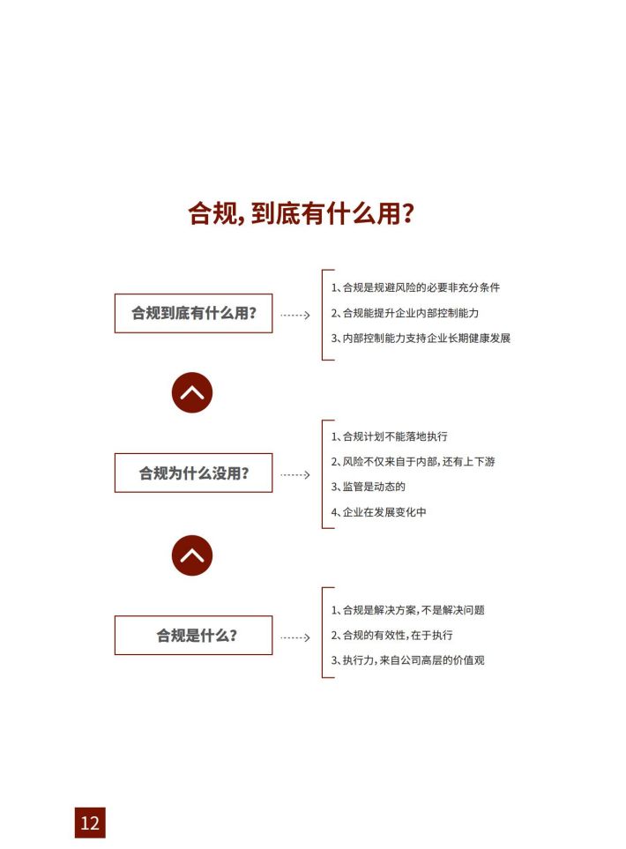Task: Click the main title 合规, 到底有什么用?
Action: [x=301, y=212]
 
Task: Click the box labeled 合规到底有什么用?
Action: [x=193, y=313]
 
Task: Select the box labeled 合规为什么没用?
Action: [x=193, y=473]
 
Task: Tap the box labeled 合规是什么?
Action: [x=193, y=635]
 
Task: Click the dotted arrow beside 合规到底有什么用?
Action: [x=295, y=315]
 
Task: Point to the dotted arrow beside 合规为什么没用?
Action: [x=295, y=475]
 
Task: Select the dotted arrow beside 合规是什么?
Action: [x=295, y=637]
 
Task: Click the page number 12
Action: [x=90, y=823]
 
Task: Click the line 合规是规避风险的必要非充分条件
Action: [x=415, y=287]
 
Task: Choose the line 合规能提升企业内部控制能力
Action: [x=405, y=313]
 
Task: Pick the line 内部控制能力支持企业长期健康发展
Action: [x=421, y=338]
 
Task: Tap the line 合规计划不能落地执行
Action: [x=390, y=436]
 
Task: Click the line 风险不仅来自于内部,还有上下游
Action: [x=414, y=461]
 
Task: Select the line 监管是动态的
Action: [x=369, y=487]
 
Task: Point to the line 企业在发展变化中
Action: [x=378, y=511]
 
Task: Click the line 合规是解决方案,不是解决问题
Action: [x=407, y=610]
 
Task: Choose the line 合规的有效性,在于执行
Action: [x=392, y=635]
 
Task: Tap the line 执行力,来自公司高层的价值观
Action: [x=407, y=660]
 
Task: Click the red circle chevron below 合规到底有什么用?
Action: [x=192, y=392]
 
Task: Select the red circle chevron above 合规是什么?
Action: [x=192, y=555]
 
